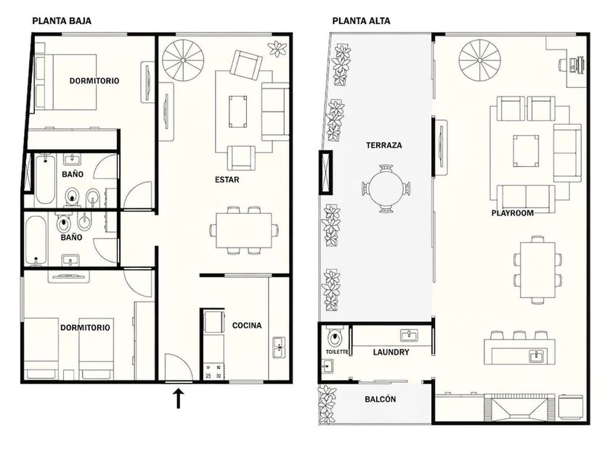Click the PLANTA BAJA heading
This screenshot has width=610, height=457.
tap(62, 20)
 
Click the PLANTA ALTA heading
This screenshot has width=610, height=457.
tap(361, 20)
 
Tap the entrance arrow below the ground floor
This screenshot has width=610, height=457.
tap(178, 398)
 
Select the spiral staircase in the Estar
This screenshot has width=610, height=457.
tap(183, 61)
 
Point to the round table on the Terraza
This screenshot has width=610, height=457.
tap(386, 189)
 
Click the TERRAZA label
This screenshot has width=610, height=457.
tap(384, 145)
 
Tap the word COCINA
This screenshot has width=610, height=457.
tap(247, 325)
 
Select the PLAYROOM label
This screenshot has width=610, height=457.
tap(513, 213)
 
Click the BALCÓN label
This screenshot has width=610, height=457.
tap(381, 399)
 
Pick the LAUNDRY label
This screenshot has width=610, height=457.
tap(391, 352)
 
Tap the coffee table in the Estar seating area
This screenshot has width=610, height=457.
tap(237, 112)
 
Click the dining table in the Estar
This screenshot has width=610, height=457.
tap(244, 230)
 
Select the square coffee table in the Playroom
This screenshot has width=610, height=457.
tap(526, 151)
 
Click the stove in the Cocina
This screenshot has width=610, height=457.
tap(214, 371)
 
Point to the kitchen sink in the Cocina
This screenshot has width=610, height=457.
tap(279, 347)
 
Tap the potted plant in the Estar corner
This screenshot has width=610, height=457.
tap(277, 49)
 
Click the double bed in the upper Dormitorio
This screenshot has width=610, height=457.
tap(66, 82)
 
